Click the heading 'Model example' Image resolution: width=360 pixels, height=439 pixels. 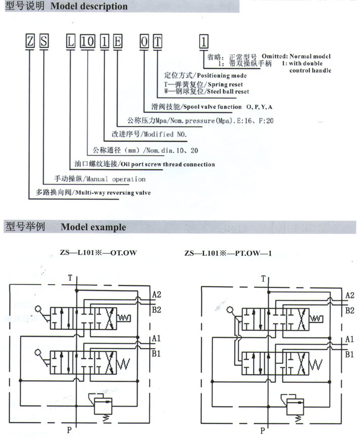(93, 227)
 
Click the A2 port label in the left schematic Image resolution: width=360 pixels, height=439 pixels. (157, 295)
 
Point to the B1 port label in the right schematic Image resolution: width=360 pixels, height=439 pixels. (349, 355)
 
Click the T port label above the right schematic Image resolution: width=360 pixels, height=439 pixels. (263, 279)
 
